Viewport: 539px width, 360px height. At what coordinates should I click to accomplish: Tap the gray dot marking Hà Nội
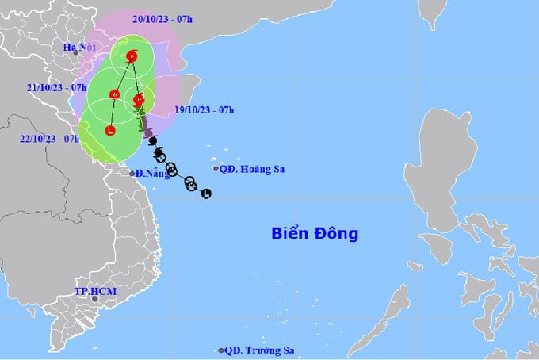point(76,53)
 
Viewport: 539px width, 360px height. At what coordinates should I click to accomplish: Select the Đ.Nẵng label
point(152,174)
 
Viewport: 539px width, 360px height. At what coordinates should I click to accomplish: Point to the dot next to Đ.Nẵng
point(132,172)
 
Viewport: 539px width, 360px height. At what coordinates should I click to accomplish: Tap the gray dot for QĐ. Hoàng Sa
point(216,168)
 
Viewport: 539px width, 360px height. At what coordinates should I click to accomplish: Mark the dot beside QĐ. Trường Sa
point(220,350)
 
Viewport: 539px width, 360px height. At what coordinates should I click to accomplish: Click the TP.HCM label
point(95,292)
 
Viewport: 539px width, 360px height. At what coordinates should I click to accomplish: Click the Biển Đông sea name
point(315,234)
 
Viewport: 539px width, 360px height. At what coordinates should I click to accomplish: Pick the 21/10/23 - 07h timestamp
point(55,86)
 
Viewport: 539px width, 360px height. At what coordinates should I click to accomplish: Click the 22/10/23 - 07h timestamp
point(50,138)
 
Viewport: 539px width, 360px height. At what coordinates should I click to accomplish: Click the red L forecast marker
point(109,130)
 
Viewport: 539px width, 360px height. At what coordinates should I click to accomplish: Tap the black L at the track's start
point(206,193)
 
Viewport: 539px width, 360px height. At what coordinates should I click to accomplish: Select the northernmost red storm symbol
point(132,56)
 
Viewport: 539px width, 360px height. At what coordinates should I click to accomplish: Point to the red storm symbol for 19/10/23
point(139,100)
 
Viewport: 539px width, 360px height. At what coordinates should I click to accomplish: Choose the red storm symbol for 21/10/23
point(115,95)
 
